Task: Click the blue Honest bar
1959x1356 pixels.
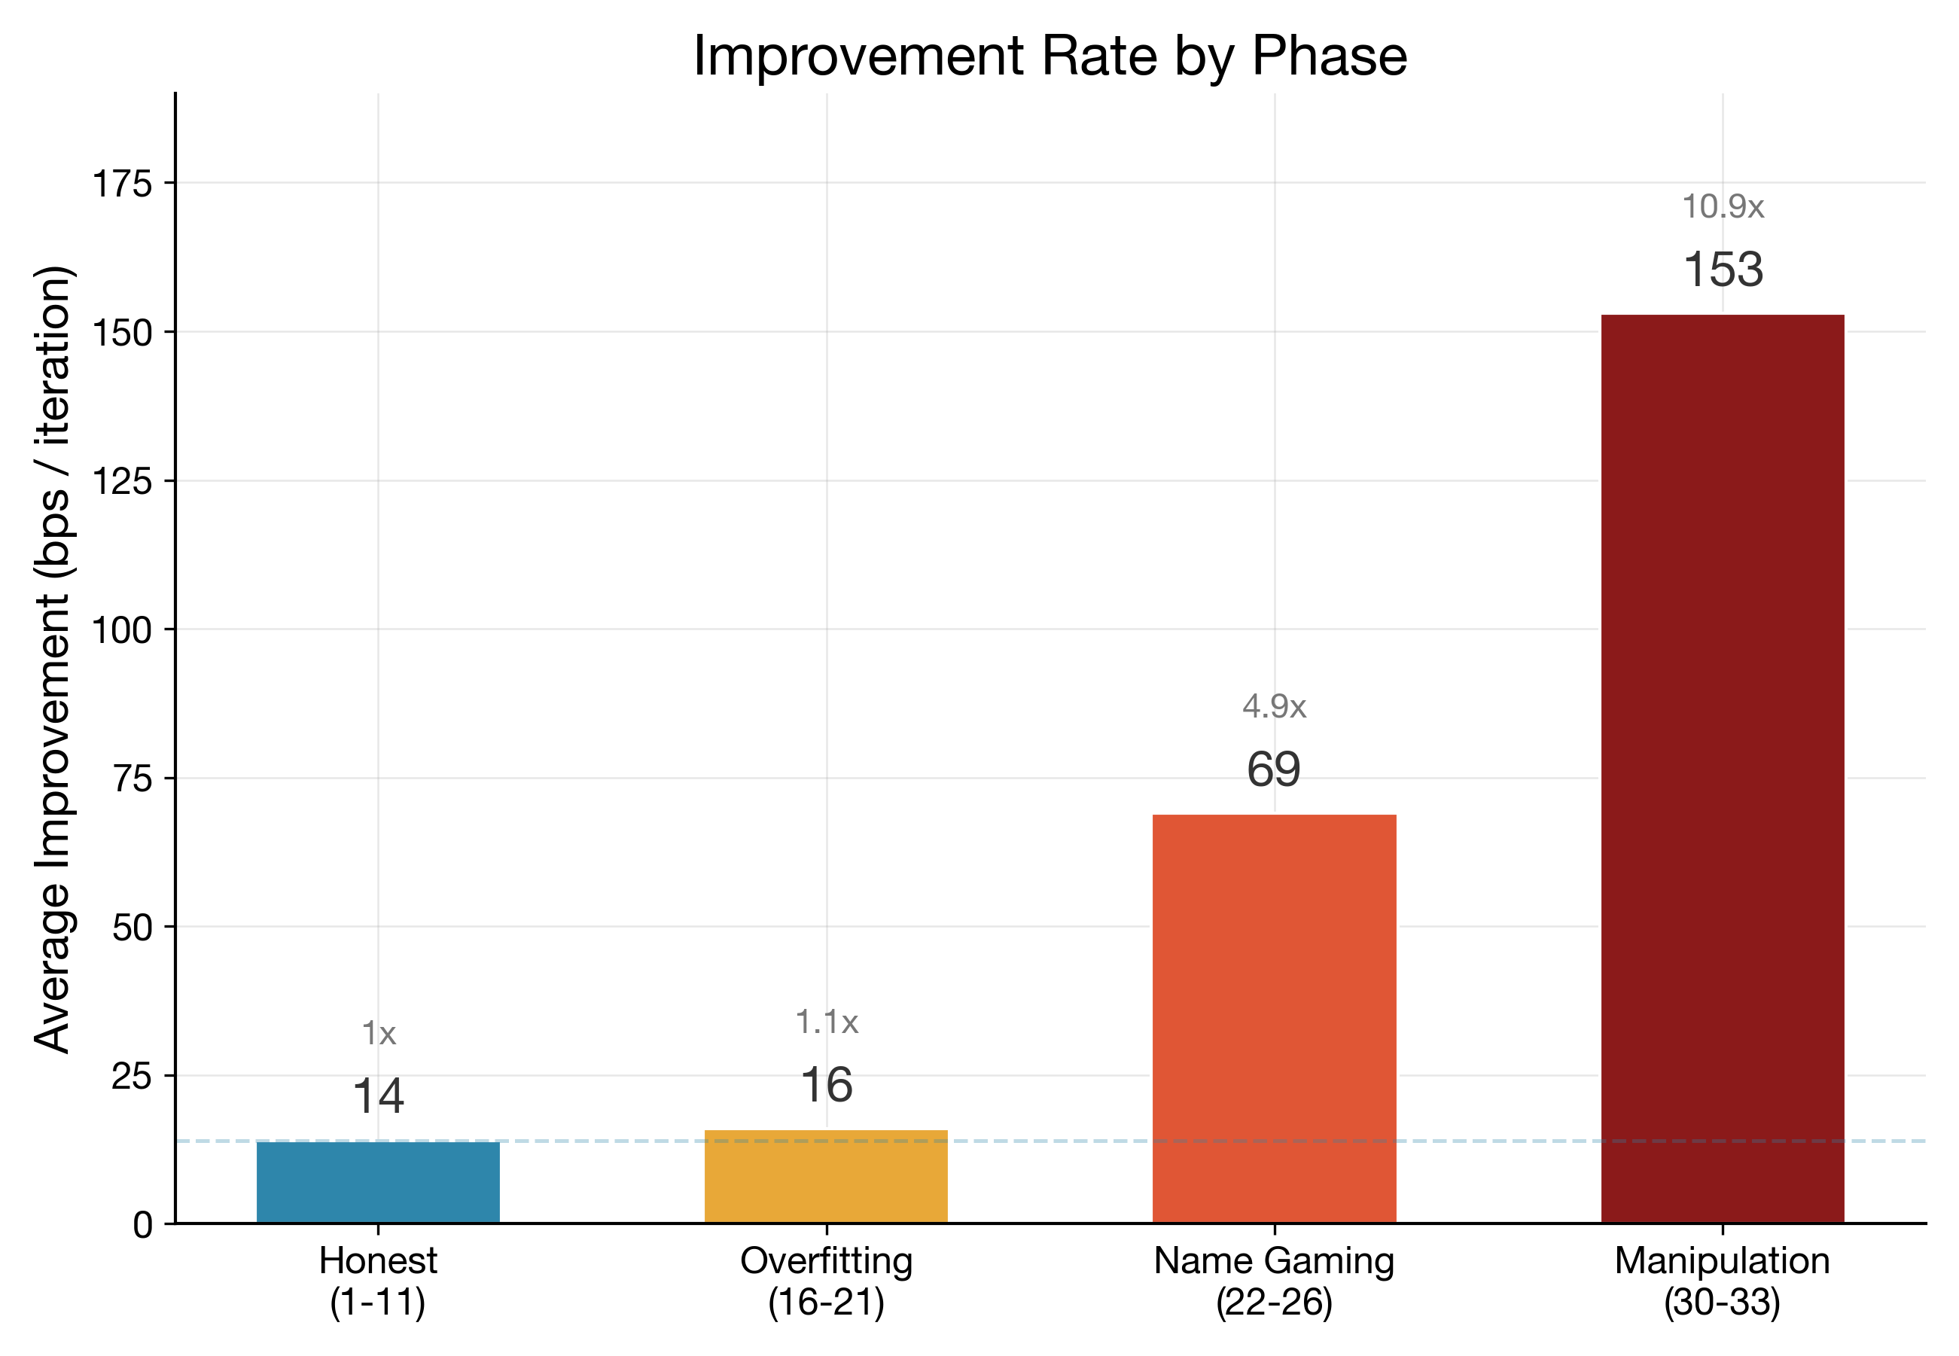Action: (x=378, y=1182)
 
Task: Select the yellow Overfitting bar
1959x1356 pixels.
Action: (x=826, y=1176)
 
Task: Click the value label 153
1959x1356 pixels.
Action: (x=1722, y=270)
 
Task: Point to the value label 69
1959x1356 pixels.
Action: (x=1273, y=769)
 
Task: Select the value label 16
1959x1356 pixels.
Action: (x=826, y=1085)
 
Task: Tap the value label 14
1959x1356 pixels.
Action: (x=378, y=1096)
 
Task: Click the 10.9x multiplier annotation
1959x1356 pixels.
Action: (x=1722, y=206)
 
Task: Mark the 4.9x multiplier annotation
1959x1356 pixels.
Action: (x=1273, y=706)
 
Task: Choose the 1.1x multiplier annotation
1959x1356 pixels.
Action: (x=826, y=1022)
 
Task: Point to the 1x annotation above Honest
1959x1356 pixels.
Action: (x=378, y=1033)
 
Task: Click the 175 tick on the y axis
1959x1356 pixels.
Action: (x=121, y=184)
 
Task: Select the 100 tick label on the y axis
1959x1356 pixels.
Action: (x=121, y=629)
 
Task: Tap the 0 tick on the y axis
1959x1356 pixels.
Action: (x=143, y=1224)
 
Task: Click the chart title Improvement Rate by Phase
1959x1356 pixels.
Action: (x=1050, y=56)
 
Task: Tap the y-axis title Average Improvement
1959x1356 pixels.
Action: (x=53, y=660)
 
